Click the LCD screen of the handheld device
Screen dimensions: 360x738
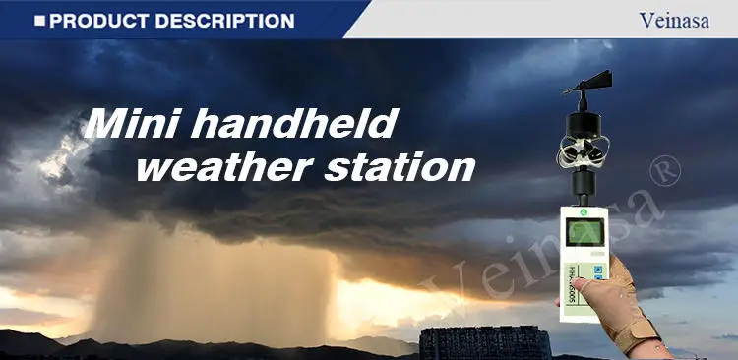click(578, 234)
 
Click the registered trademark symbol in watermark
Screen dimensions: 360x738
click(667, 174)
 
